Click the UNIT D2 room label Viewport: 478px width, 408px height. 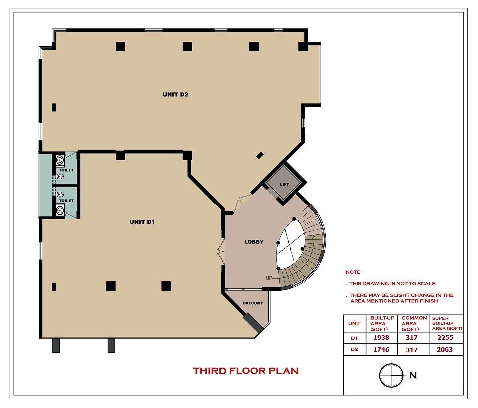[x=175, y=95]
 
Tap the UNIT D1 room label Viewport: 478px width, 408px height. [x=142, y=222]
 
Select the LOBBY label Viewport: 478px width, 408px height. [x=254, y=242]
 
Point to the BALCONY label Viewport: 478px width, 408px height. [x=253, y=303]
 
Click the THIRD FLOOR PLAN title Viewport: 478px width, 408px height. [x=245, y=371]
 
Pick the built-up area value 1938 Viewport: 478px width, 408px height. [x=381, y=338]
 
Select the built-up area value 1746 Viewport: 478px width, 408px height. [x=381, y=349]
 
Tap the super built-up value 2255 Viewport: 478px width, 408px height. [x=445, y=338]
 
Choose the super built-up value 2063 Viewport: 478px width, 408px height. [x=445, y=349]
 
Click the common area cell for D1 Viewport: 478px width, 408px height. [x=412, y=338]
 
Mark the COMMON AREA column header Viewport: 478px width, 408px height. [x=414, y=323]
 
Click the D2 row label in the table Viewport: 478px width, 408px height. [x=354, y=349]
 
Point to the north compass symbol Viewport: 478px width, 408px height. [x=391, y=375]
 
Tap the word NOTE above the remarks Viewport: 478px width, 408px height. [x=354, y=272]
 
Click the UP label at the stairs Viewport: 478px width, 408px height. [x=269, y=278]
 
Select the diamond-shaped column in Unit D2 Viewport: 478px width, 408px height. [x=260, y=155]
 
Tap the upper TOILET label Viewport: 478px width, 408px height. [x=66, y=170]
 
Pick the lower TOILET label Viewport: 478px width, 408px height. [x=66, y=201]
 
